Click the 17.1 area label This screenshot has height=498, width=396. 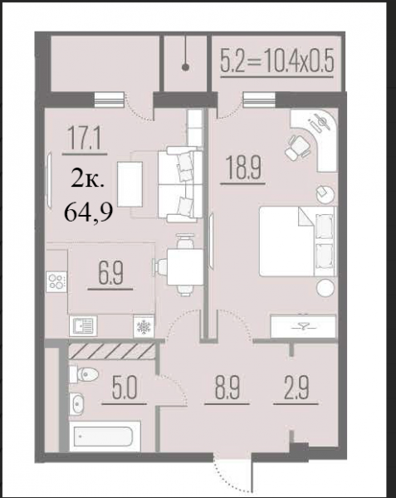[85, 141]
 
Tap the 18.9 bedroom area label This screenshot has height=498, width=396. [243, 168]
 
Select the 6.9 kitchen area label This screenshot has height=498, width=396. [110, 274]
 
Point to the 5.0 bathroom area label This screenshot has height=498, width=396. [125, 388]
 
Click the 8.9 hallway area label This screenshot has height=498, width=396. [227, 388]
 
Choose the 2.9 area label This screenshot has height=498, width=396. [296, 388]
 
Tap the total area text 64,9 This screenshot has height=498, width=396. [89, 212]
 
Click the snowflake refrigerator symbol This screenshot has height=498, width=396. [144, 326]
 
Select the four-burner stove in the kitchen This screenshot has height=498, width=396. [56, 281]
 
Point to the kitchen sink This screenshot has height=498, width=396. [83, 326]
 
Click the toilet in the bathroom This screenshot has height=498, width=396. [85, 374]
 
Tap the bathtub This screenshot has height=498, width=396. [105, 437]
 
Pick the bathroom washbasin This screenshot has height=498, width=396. [76, 403]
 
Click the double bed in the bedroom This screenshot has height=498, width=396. [297, 242]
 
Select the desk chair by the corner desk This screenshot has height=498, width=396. [298, 148]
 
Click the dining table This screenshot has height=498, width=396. [185, 267]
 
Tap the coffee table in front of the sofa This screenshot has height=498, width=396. [130, 184]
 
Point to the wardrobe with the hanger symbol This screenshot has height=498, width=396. [303, 326]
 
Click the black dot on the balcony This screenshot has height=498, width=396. [185, 67]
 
